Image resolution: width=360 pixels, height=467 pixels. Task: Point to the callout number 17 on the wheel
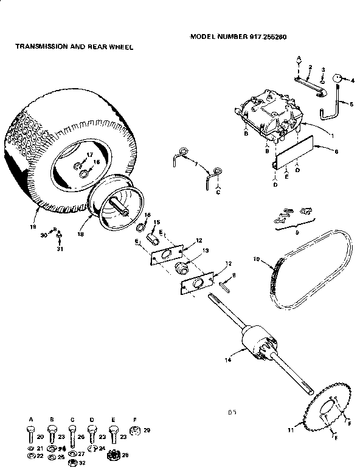[x=89, y=154]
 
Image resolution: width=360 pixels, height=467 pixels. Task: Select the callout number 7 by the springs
[x=196, y=165]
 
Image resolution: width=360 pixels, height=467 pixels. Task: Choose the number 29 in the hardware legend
[x=146, y=430]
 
